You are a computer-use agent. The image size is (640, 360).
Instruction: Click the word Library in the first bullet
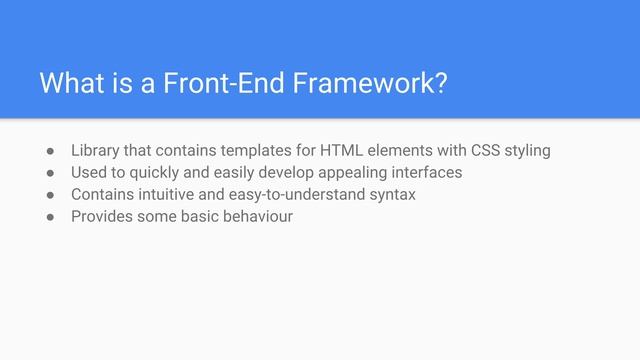click(x=96, y=151)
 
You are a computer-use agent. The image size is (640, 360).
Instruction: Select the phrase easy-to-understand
click(x=299, y=194)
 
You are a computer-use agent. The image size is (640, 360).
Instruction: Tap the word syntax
click(x=391, y=194)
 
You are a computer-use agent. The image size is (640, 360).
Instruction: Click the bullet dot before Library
click(x=46, y=152)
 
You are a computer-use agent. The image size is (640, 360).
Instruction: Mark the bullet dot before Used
click(x=46, y=173)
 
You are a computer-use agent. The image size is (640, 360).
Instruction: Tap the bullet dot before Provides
click(x=46, y=217)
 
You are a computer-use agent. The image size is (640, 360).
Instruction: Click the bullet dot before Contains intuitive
click(x=46, y=195)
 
